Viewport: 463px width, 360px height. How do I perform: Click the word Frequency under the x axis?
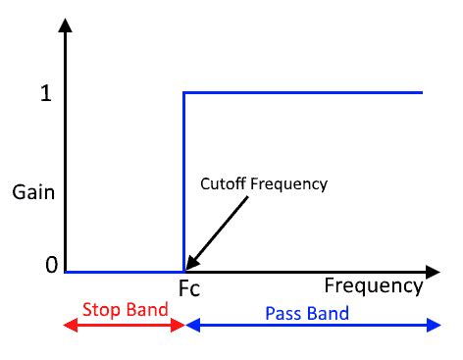(373, 285)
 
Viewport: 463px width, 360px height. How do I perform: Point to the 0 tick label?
(38, 266)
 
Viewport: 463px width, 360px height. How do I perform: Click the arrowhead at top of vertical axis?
(66, 26)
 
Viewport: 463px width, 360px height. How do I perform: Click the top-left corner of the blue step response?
(184, 93)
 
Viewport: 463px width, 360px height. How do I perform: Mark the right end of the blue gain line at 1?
(421, 93)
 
